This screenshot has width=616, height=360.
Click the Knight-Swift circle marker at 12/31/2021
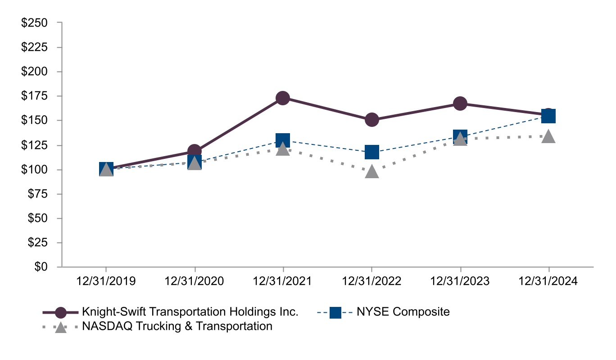[x=283, y=98]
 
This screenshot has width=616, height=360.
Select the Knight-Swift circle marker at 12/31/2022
[x=371, y=120]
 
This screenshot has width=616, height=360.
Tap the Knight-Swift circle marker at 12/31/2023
[x=460, y=103]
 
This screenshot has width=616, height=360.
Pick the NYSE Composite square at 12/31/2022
[x=371, y=152]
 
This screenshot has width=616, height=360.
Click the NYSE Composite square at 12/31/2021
[x=283, y=140]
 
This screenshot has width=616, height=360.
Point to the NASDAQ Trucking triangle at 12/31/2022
[x=371, y=171]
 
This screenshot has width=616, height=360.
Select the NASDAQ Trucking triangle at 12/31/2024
[x=548, y=136]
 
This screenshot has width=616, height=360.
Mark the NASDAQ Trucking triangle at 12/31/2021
[x=283, y=149]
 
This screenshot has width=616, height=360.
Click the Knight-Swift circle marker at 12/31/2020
[x=195, y=151]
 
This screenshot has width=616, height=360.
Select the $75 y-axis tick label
[x=38, y=194]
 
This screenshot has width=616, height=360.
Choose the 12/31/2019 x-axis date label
[x=106, y=281]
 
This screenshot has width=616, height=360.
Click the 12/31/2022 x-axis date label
[x=371, y=281]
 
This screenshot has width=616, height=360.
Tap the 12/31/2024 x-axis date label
[x=548, y=281]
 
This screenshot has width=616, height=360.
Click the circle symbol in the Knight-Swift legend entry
[x=60, y=312]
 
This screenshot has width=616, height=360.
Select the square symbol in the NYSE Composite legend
[x=335, y=312]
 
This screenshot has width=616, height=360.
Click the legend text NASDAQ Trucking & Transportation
[x=177, y=326]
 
